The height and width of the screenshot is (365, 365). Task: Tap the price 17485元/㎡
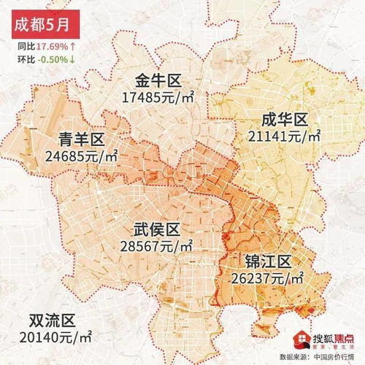pos(158,97)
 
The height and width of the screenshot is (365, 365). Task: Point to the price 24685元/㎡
pos(81,156)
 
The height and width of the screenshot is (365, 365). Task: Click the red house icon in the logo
pos(300,339)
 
